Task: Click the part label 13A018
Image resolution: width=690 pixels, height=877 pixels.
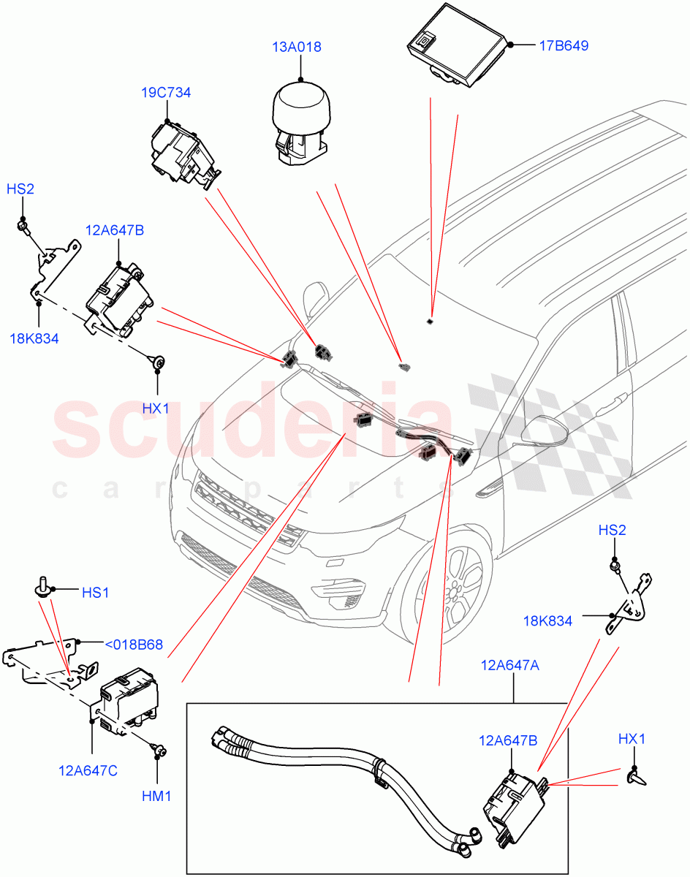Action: (297, 48)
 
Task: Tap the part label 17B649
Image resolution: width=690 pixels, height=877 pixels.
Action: (564, 45)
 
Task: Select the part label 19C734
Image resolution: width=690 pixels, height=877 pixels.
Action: (166, 93)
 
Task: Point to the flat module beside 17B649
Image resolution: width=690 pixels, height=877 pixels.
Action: (456, 45)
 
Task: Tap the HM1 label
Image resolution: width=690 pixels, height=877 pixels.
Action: (156, 796)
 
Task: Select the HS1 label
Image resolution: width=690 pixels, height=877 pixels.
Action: (95, 593)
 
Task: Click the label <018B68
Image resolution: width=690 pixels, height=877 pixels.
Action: (133, 645)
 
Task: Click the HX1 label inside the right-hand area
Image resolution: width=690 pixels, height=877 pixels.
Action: (632, 739)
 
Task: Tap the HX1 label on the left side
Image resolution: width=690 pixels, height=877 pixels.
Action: (155, 409)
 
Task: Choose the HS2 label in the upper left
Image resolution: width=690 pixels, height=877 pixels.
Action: (20, 189)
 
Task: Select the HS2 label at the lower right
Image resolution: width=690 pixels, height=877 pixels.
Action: (612, 530)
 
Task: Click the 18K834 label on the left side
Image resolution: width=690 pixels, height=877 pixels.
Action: (34, 338)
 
